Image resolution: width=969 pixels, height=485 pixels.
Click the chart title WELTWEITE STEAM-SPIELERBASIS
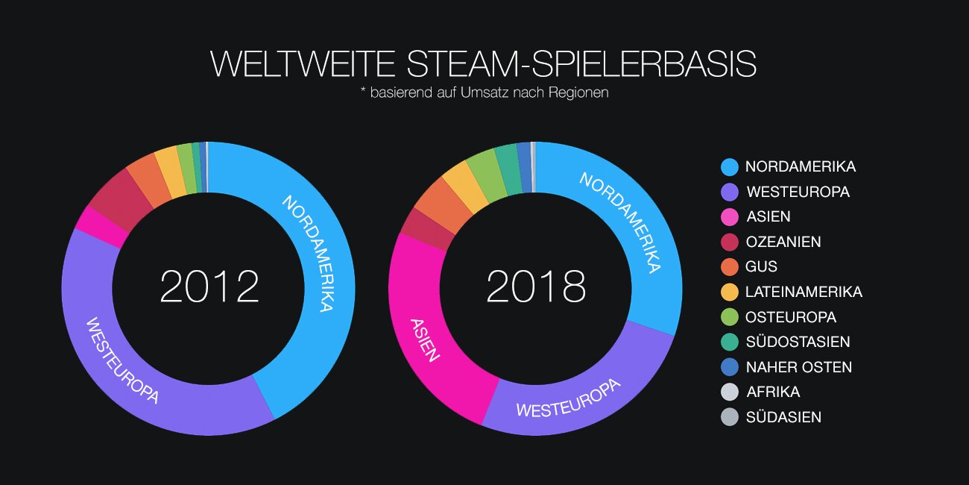[x=484, y=65]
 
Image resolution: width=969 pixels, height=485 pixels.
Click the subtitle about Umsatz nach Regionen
[x=484, y=94]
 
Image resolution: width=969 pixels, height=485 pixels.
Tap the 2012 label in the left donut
[x=209, y=287]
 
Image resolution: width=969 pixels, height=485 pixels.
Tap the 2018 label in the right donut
[x=536, y=287]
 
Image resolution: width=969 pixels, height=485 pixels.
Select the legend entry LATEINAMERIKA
[x=804, y=292]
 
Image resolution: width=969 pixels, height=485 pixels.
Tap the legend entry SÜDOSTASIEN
[x=798, y=342]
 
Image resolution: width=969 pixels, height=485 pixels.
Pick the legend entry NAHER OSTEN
[x=798, y=367]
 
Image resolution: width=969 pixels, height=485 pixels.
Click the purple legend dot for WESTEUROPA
[x=730, y=192]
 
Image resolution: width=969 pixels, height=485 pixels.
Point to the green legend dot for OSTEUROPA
[x=730, y=317]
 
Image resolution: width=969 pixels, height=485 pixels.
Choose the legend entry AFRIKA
[x=772, y=392]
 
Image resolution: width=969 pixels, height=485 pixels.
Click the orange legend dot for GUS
[x=730, y=267]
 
